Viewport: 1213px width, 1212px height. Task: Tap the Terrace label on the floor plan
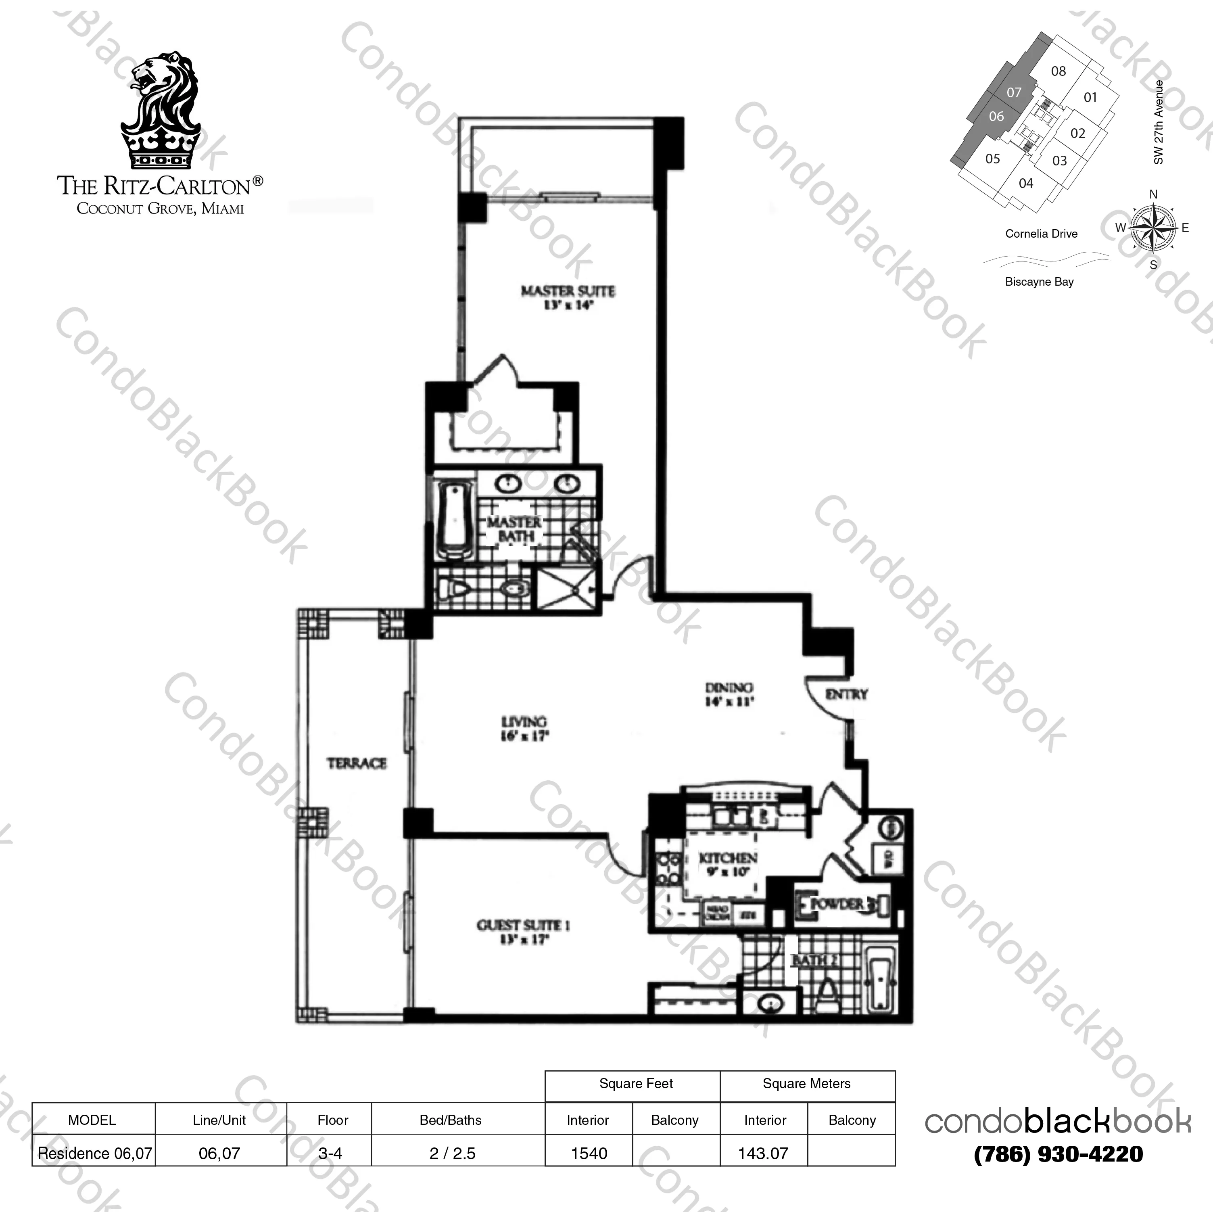click(356, 763)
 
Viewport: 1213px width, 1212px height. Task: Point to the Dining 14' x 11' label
click(728, 694)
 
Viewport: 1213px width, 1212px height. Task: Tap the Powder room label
click(838, 904)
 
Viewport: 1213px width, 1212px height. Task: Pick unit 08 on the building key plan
click(1058, 71)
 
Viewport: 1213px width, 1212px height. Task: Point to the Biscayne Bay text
click(1039, 282)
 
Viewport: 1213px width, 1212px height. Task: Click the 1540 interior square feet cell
click(588, 1153)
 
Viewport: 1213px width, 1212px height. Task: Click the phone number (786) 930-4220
click(1058, 1153)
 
